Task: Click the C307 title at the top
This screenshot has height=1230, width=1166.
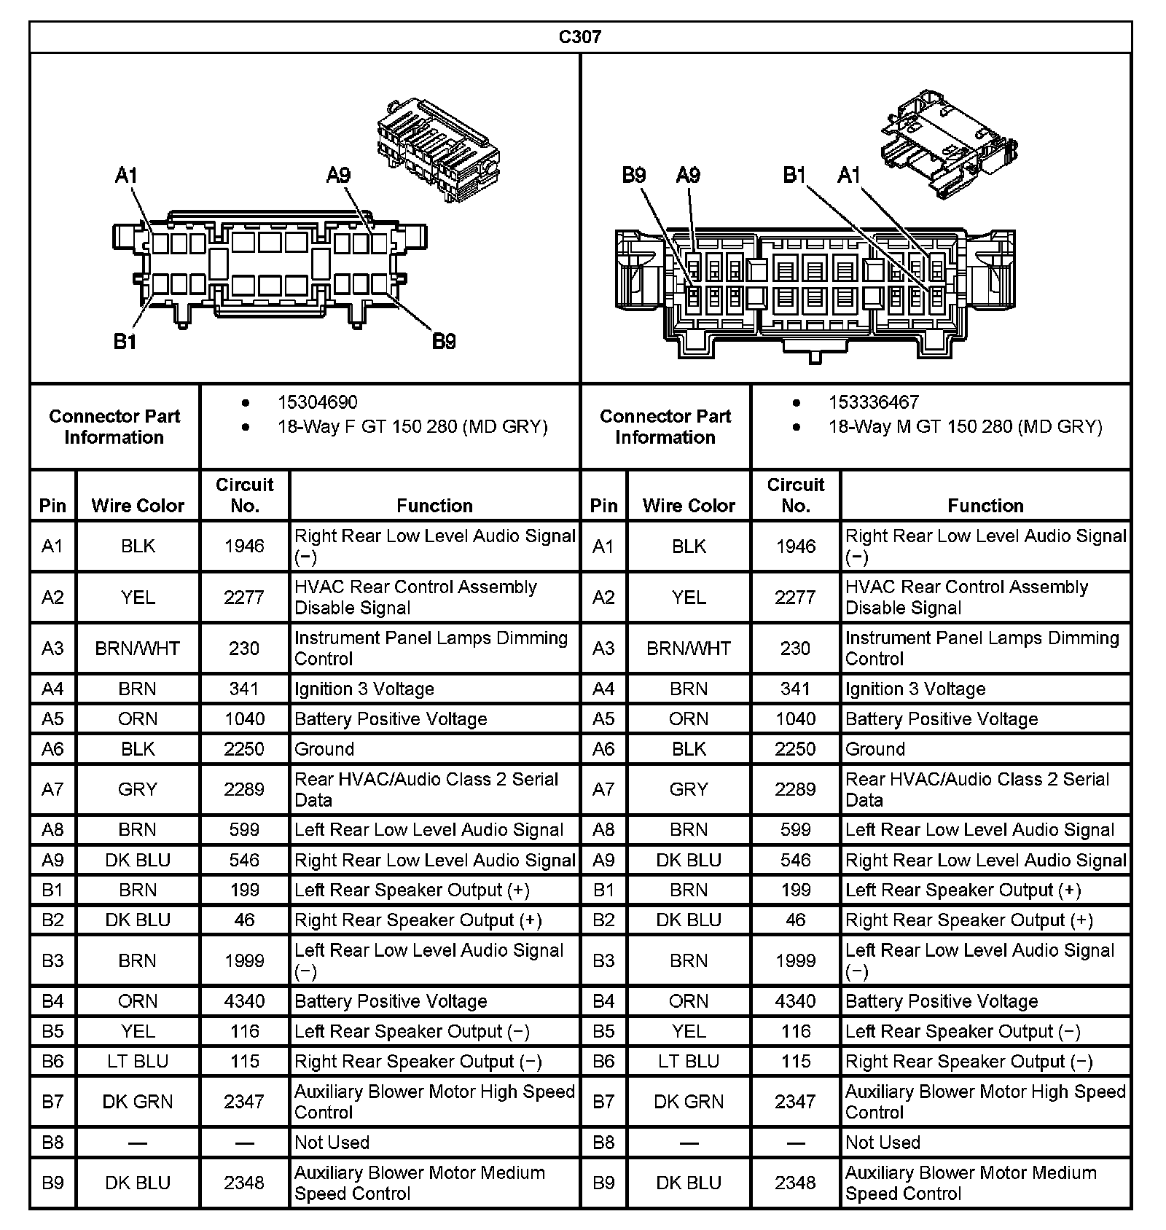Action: point(580,36)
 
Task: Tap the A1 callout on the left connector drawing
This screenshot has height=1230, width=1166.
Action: point(126,175)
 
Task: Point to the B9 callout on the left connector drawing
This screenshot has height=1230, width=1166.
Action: point(444,341)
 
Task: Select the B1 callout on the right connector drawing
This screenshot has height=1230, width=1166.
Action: point(794,175)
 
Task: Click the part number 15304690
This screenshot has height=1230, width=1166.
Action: point(317,402)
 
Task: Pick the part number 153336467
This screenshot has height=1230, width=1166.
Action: point(873,402)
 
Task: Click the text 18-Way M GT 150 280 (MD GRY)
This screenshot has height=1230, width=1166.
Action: point(965,427)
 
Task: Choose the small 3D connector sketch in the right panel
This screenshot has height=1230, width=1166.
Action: point(948,143)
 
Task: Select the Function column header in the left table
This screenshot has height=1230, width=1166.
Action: point(434,506)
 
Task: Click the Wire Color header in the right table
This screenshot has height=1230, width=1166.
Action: point(689,506)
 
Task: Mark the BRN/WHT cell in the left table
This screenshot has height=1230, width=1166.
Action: point(138,649)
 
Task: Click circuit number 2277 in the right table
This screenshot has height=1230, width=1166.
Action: point(795,598)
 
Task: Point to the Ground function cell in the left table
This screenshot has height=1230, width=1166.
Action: point(324,749)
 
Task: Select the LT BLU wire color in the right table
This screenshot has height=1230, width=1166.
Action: point(689,1062)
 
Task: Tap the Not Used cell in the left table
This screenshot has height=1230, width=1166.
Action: point(332,1143)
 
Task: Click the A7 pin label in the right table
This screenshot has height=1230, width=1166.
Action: point(603,789)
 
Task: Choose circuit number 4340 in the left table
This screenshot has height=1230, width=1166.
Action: point(244,1001)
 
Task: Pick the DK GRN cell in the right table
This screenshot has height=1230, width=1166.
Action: point(689,1102)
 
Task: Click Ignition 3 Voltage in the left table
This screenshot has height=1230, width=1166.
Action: point(364,689)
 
